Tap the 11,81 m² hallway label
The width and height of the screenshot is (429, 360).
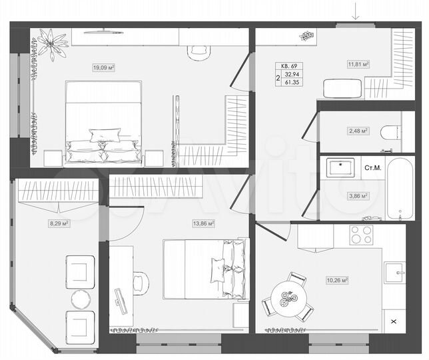pos(358,65)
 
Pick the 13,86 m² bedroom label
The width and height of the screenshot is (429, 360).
pos(203,224)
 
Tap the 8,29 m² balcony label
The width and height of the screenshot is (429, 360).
pos(59,224)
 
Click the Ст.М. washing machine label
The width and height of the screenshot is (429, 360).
pos(373,167)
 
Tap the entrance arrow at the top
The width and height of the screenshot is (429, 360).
pos(356,11)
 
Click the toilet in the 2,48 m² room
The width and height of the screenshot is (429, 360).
pos(390,133)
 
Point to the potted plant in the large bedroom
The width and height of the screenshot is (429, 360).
pos(51,45)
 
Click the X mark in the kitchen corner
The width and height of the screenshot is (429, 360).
pos(393,322)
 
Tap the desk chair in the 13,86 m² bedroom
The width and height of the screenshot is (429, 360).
pos(139,282)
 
